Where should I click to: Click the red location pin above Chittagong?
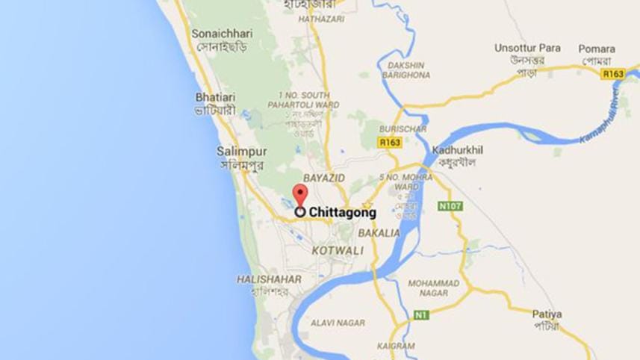pos(299,194)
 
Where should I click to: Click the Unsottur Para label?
pos(527,48)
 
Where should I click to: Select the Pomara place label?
pos(597,49)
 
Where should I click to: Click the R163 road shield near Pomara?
pos(613,74)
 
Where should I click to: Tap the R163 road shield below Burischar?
pos(389,141)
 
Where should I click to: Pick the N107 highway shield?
pos(450,205)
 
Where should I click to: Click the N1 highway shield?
pos(422,316)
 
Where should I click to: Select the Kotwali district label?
pos(338,251)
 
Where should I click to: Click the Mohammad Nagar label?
pos(435,288)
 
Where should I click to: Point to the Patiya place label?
pos(547,314)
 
